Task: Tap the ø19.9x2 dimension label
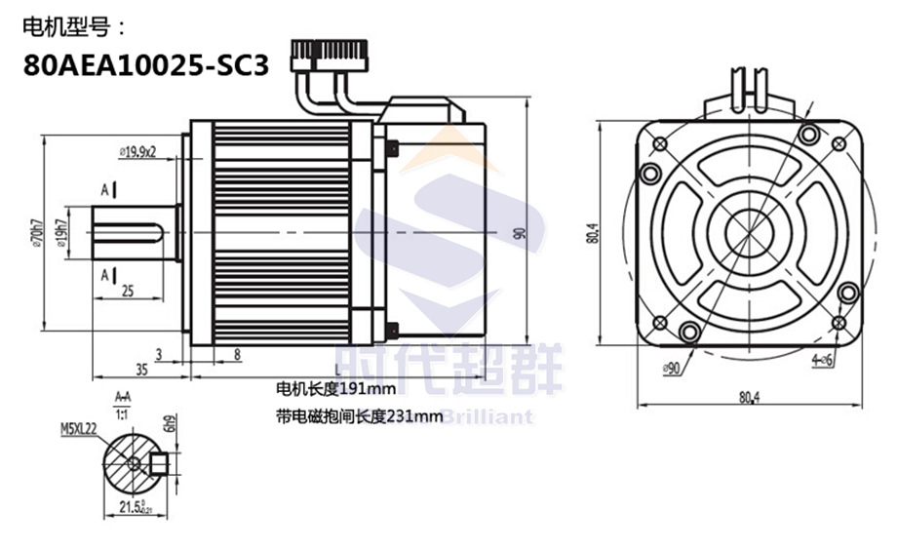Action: click(x=138, y=151)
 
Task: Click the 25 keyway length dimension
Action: click(x=127, y=290)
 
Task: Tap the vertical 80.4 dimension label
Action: click(x=593, y=236)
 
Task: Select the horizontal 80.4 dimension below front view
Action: click(x=749, y=398)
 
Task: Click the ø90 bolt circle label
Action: click(x=670, y=368)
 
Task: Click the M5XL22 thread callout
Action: click(x=80, y=427)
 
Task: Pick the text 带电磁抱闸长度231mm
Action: click(x=359, y=416)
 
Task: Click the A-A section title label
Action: click(x=123, y=397)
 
